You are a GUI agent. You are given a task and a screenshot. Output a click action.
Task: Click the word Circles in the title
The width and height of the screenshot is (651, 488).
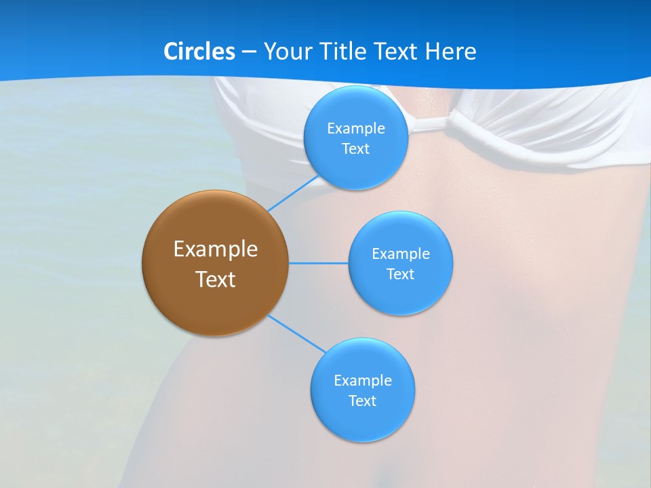[199, 52]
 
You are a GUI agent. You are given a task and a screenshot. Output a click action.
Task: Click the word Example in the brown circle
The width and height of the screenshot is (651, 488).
[216, 249]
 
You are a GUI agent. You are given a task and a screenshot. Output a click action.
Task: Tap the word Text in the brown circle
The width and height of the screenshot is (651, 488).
[216, 279]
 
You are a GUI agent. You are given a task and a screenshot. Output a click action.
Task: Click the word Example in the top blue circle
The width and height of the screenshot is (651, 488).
[355, 129]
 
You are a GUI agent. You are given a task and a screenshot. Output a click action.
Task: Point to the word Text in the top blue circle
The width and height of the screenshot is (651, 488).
[355, 149]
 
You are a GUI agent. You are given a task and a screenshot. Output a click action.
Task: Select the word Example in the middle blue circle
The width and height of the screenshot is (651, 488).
[400, 254]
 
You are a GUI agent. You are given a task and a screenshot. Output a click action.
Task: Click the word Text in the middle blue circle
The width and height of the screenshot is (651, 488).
[400, 274]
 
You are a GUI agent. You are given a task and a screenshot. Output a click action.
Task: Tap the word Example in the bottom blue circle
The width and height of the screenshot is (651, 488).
[362, 381]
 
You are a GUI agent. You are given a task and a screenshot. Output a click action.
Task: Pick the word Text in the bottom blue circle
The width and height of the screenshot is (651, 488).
[362, 401]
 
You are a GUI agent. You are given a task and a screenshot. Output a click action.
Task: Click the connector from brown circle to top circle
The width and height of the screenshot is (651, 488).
[293, 194]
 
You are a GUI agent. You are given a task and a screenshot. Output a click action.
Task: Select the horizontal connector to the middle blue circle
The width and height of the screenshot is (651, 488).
[319, 263]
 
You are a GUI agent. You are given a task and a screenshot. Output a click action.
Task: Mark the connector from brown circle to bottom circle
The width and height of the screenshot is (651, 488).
[297, 333]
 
